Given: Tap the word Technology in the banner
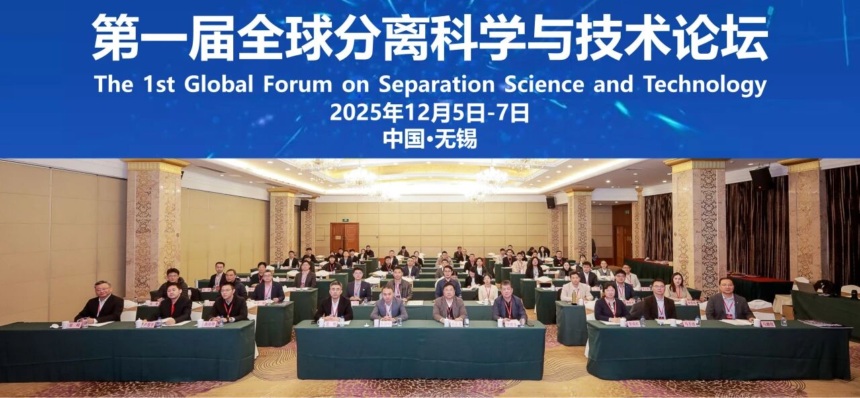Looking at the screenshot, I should coord(705,85).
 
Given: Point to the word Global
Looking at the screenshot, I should coord(218,85).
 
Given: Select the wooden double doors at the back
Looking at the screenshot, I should coord(344,237).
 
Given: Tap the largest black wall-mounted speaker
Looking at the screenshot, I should coord(761,178).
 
